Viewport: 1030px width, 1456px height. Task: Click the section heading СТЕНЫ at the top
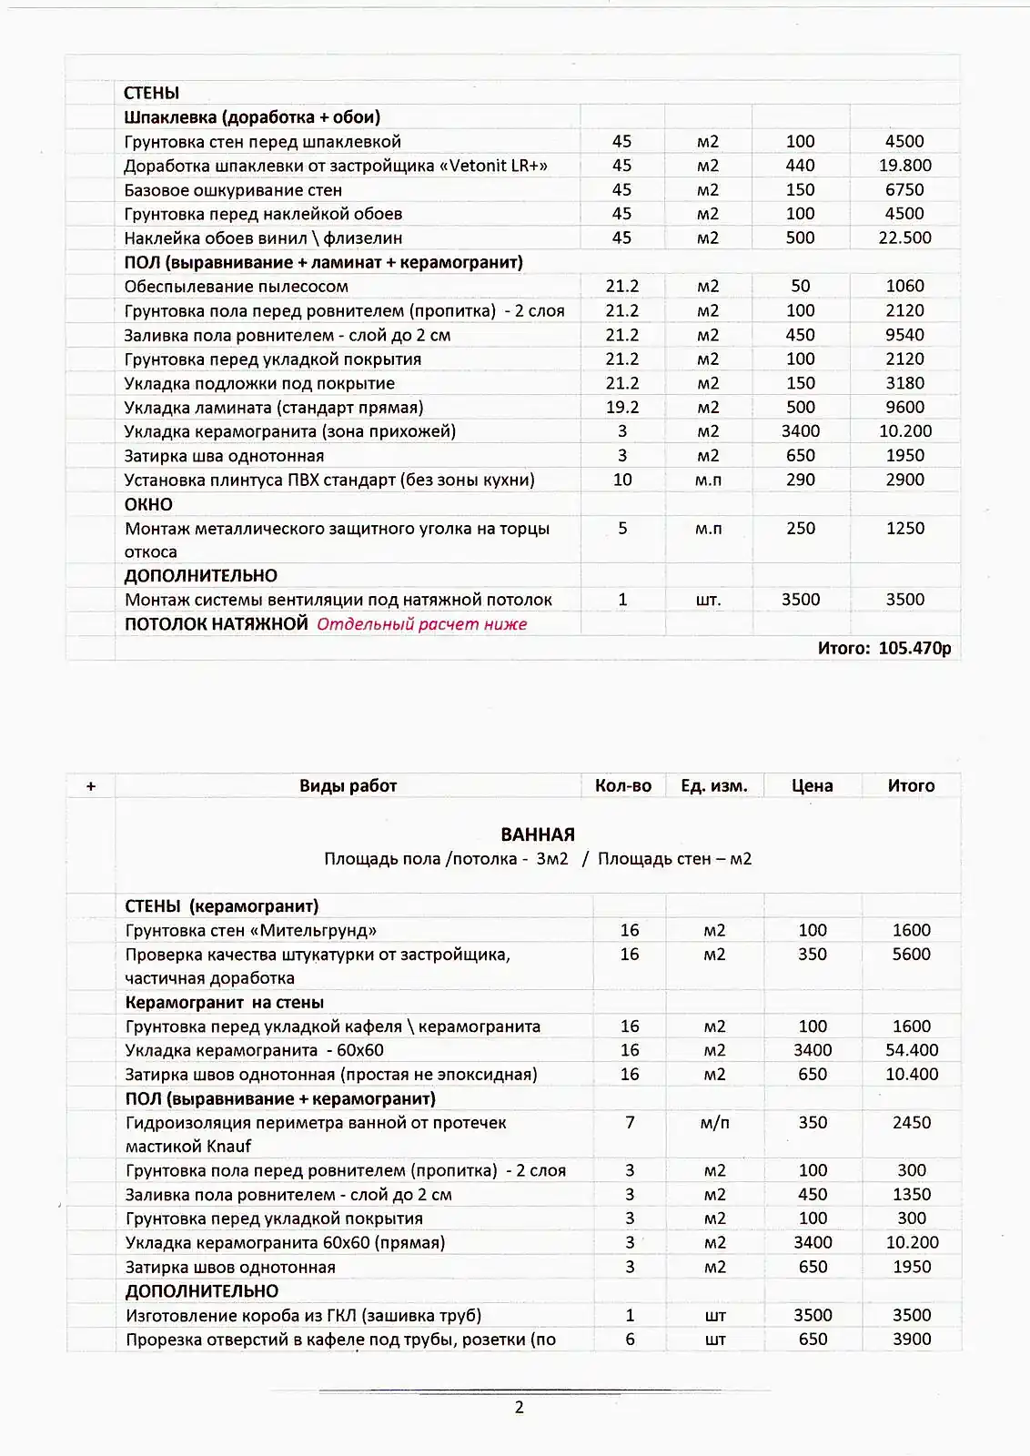(x=152, y=93)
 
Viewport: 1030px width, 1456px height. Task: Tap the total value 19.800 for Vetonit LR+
(x=904, y=166)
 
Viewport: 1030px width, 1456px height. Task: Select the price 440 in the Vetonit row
(x=800, y=166)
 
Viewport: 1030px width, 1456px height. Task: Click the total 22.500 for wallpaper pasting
(x=904, y=238)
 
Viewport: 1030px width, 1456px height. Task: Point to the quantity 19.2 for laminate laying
(x=622, y=408)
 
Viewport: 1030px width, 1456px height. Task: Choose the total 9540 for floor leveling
(x=904, y=335)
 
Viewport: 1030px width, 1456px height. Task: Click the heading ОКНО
(x=148, y=504)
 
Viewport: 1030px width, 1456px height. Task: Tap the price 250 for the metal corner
(x=800, y=529)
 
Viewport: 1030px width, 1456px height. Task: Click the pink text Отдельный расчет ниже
(x=422, y=624)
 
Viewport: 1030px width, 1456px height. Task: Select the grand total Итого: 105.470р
(x=884, y=648)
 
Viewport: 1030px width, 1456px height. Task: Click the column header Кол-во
(x=623, y=786)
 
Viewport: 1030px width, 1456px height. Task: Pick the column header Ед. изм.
(x=714, y=786)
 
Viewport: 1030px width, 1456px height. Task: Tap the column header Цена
(x=812, y=786)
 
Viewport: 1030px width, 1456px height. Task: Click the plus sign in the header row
(x=91, y=786)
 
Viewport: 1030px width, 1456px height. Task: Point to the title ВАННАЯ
(x=538, y=834)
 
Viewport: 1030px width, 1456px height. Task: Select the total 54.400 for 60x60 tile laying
(x=912, y=1050)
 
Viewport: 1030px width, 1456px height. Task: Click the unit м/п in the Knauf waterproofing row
(x=715, y=1123)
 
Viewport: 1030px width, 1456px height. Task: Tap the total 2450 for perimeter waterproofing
(x=912, y=1123)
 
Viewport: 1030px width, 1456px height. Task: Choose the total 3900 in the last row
(x=912, y=1340)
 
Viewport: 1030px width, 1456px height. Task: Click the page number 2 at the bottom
(x=520, y=1408)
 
